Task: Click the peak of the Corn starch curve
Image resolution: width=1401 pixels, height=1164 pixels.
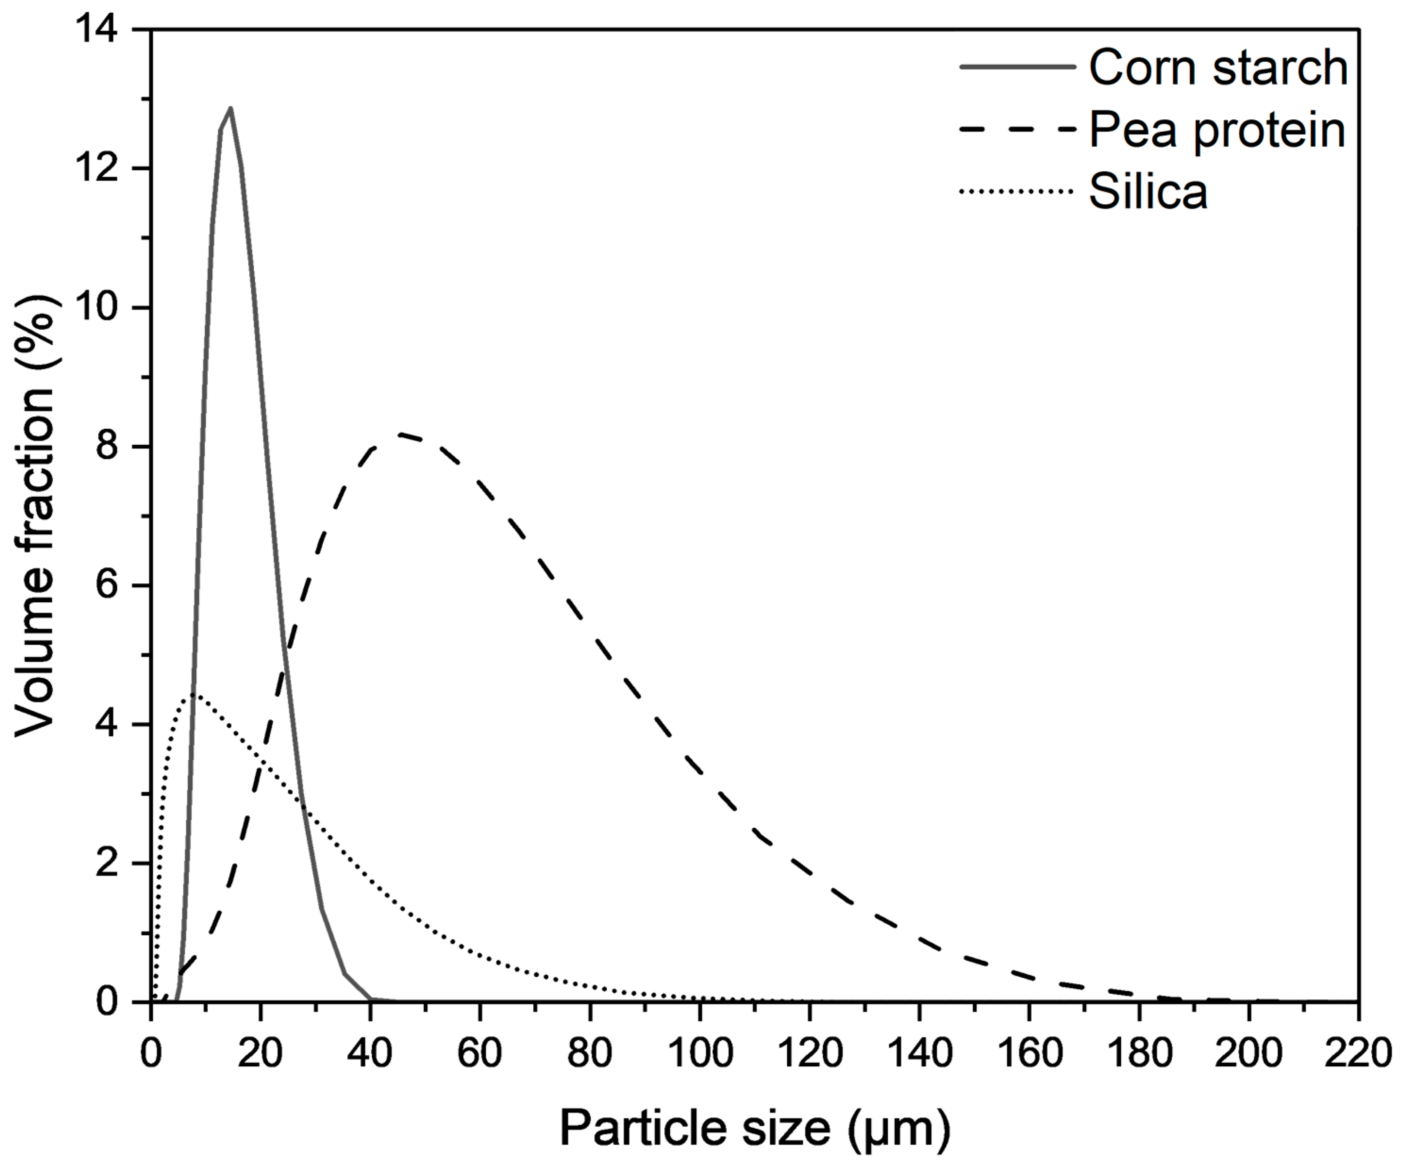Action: tap(230, 108)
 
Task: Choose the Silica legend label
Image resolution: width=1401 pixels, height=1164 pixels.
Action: tap(1148, 191)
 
